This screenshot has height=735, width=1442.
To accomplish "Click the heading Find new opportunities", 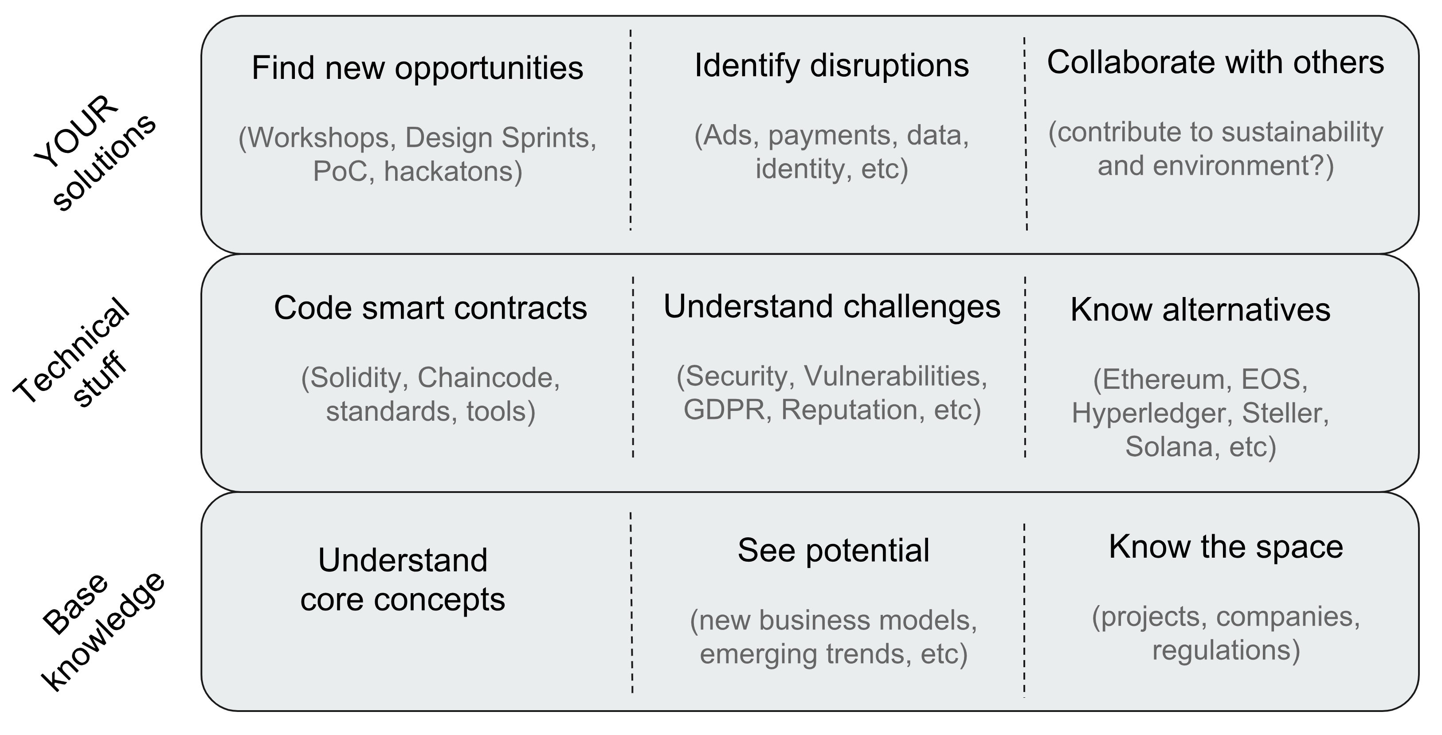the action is click(417, 69).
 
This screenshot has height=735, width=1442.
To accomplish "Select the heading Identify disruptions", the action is click(832, 66).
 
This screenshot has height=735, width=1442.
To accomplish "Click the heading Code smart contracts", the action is click(431, 308).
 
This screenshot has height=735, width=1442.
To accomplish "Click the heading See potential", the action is click(834, 551).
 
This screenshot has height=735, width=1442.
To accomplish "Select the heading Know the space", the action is click(1226, 547).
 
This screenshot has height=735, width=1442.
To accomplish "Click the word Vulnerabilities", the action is click(892, 376).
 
